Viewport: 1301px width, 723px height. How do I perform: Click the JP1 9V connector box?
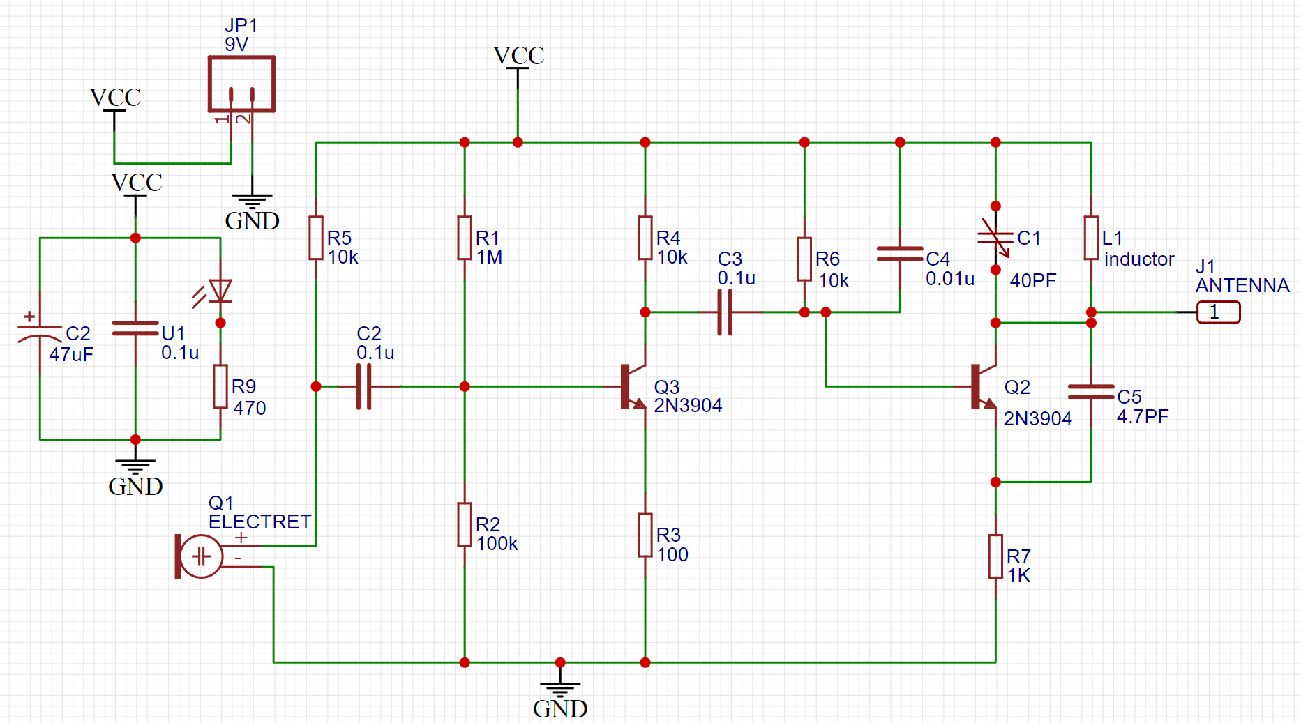click(241, 84)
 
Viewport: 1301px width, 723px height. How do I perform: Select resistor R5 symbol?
click(316, 238)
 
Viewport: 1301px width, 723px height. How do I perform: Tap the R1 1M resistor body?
click(465, 238)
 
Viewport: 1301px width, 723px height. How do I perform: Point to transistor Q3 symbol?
click(632, 386)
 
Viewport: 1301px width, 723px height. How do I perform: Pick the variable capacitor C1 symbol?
click(995, 238)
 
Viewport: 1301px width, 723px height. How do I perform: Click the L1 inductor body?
click(1091, 238)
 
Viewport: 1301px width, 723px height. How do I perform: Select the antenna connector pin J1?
click(1218, 312)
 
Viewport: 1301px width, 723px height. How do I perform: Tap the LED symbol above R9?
click(220, 291)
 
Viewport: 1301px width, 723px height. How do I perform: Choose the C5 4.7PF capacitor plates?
click(1091, 392)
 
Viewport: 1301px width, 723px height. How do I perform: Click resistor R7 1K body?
click(995, 556)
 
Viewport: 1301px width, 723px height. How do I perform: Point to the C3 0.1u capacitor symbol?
click(725, 312)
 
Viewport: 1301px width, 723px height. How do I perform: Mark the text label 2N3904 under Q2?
click(1037, 418)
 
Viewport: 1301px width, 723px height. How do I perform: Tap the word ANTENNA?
click(1242, 285)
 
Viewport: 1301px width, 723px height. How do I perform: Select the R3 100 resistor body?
click(645, 535)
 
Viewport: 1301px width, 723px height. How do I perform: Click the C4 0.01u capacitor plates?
click(900, 254)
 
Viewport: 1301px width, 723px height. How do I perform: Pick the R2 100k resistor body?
click(465, 524)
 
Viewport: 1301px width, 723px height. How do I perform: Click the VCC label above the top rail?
click(518, 56)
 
